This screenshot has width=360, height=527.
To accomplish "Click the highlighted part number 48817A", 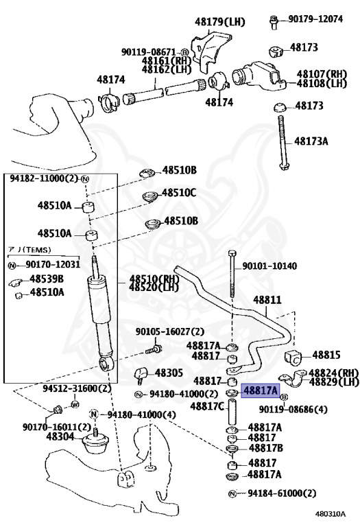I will [x=262, y=390].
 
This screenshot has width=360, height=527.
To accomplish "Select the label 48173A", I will [x=311, y=141].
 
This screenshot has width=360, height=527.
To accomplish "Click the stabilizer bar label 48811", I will [x=267, y=300].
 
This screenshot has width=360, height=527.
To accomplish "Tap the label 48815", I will [x=326, y=355].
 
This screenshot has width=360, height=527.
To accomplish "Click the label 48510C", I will [x=180, y=194].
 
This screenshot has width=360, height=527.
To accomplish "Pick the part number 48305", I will [x=169, y=373].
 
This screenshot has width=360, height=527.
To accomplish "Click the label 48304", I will [x=60, y=436].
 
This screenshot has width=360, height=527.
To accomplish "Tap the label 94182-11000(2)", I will [x=45, y=178].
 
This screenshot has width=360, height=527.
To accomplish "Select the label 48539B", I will [x=47, y=279].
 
